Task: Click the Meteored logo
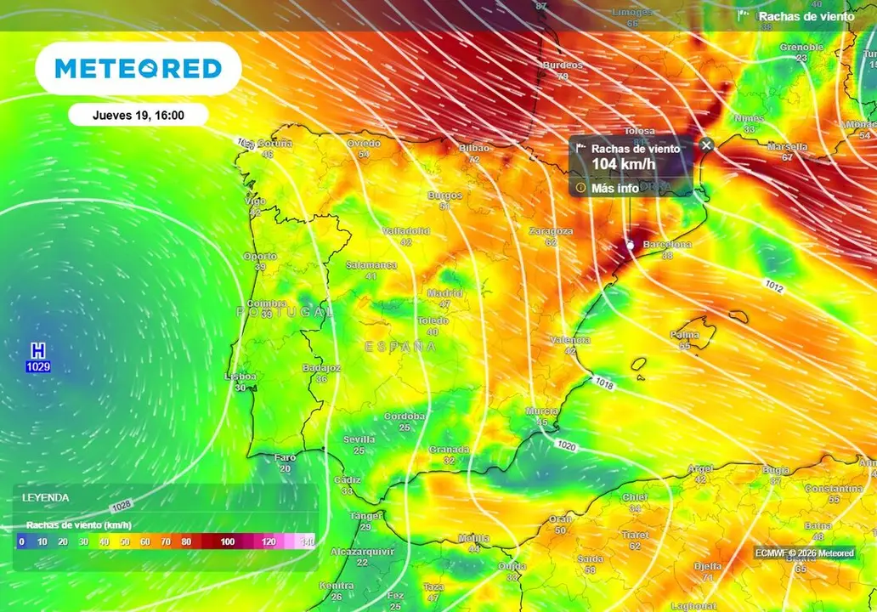[138, 68]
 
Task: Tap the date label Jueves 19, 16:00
[138, 115]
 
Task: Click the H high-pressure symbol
[37, 350]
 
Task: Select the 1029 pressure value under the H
[37, 366]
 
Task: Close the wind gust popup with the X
[706, 145]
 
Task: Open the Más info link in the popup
[614, 188]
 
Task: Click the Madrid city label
[444, 293]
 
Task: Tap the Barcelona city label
[667, 245]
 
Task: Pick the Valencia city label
[570, 340]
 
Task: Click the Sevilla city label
[359, 439]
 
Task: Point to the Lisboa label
[240, 377]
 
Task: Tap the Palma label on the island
[684, 335]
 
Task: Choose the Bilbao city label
[474, 148]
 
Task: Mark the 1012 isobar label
[773, 288]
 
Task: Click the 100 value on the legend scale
[227, 541]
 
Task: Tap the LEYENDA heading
[46, 497]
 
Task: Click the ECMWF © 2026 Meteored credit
[804, 552]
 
